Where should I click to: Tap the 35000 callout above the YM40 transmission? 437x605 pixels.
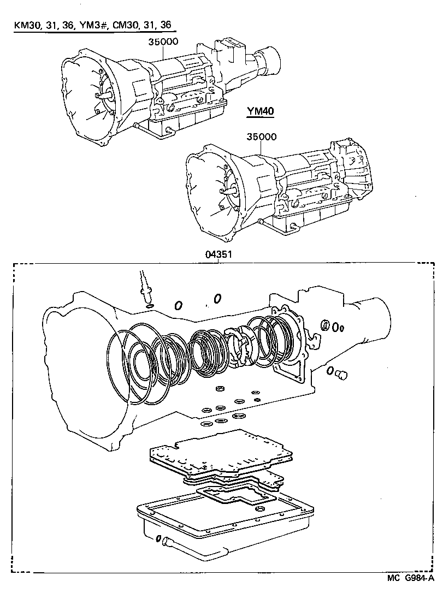[261, 138]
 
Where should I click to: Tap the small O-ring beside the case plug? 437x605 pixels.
[330, 371]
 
